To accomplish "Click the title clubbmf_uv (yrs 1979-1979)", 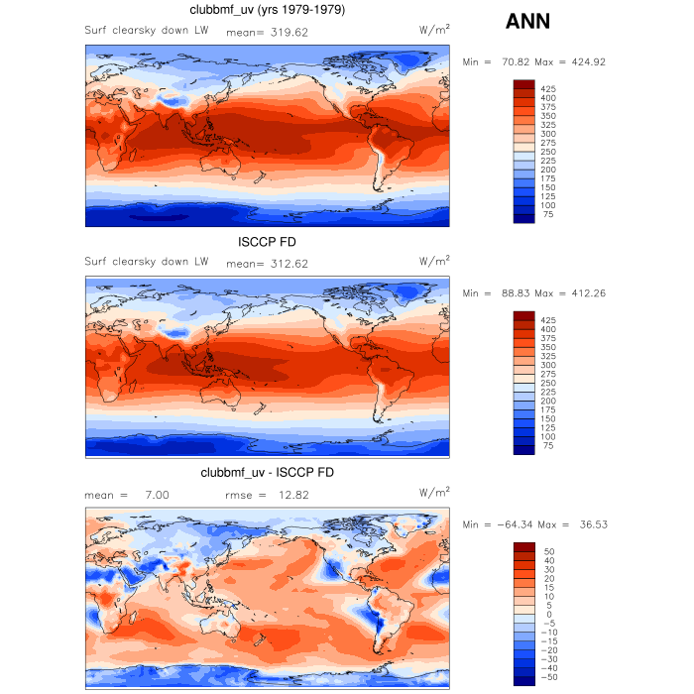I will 267,11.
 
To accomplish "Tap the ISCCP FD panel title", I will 267,243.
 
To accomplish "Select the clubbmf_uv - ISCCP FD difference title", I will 267,473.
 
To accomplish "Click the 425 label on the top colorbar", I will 548,89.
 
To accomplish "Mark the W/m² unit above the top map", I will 434,31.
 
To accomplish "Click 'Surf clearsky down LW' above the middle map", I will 147,263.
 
